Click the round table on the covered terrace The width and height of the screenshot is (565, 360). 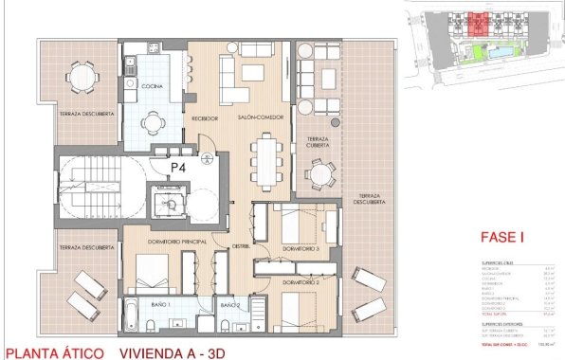(x=322, y=174)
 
